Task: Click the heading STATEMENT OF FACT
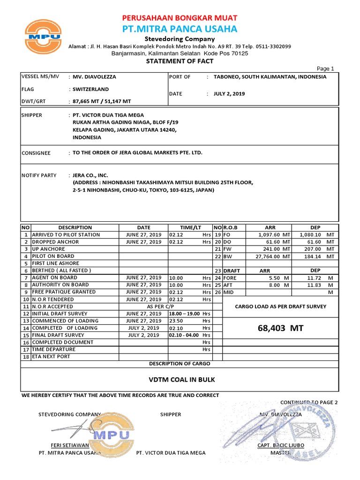click(x=180, y=61)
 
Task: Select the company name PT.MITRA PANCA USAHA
click(x=180, y=29)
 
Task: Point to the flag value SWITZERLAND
click(x=90, y=89)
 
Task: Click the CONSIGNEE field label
click(x=37, y=153)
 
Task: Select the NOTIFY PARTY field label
click(x=39, y=175)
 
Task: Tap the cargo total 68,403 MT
click(x=280, y=329)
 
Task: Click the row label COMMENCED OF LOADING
click(x=65, y=321)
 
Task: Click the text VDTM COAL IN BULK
click(x=180, y=380)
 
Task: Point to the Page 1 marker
click(x=326, y=68)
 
